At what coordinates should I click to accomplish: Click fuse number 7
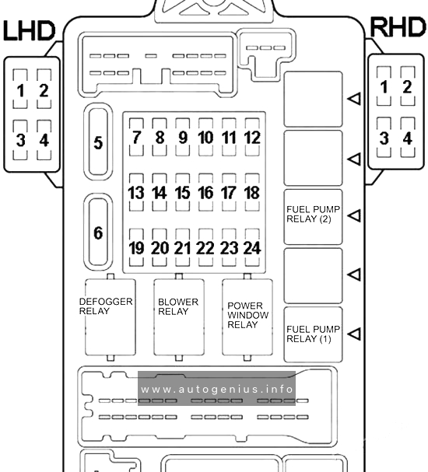tap(136, 137)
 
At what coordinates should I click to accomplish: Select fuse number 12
tap(252, 137)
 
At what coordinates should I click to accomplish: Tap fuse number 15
tap(183, 192)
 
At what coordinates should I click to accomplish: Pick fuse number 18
tap(252, 192)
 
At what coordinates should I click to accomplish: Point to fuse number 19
tap(136, 248)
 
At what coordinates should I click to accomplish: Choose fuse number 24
tap(252, 248)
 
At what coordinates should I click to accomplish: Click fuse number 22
tap(205, 248)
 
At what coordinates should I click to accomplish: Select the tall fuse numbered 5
tap(98, 142)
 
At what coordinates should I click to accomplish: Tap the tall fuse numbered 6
tap(98, 232)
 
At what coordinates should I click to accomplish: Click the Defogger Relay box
tap(111, 317)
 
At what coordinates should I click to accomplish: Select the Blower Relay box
tap(179, 317)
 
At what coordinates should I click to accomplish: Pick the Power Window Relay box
tap(247, 317)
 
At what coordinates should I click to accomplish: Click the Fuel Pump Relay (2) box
tap(313, 217)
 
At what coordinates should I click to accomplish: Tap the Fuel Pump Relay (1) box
tap(313, 334)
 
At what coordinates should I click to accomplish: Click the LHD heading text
tap(30, 30)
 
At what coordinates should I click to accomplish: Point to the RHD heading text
tap(398, 27)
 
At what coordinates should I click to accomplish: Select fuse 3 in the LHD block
tap(20, 140)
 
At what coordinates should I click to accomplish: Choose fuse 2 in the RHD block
tap(408, 86)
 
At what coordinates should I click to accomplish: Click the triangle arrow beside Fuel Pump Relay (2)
tap(354, 216)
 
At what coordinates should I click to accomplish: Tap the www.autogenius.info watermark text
tap(216, 390)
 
